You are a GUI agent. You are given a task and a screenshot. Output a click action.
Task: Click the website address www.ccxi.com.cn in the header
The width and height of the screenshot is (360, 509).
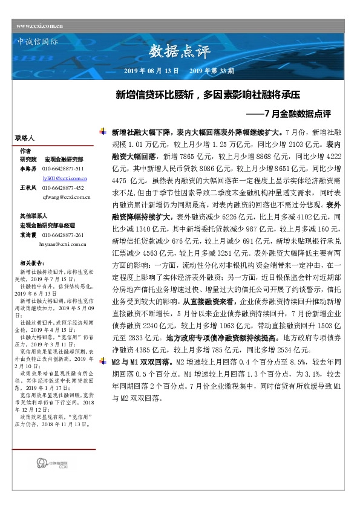click(x=40, y=25)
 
